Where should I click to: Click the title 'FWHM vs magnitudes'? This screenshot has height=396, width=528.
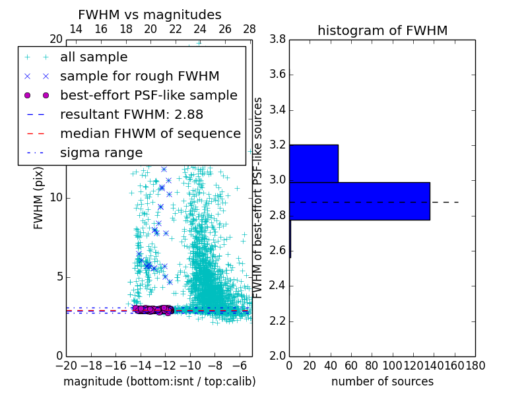pos(150,15)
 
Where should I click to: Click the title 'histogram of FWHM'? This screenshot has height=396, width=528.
pos(382,30)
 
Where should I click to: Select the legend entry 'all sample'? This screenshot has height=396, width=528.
pos(94,57)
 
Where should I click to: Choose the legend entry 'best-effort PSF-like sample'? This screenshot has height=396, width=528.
pos(148,95)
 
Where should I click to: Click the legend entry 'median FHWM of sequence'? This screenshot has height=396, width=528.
pos(150,133)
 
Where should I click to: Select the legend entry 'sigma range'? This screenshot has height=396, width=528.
pos(101,152)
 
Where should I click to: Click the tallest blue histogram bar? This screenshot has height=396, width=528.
pos(360,201)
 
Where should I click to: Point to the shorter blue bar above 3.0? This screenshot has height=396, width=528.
pos(313,163)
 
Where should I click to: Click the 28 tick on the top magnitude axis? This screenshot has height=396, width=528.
pos(249,29)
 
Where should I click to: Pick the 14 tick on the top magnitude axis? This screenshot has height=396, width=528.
pos(76,29)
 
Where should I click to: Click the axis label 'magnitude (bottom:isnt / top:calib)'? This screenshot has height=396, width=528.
pos(159,381)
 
